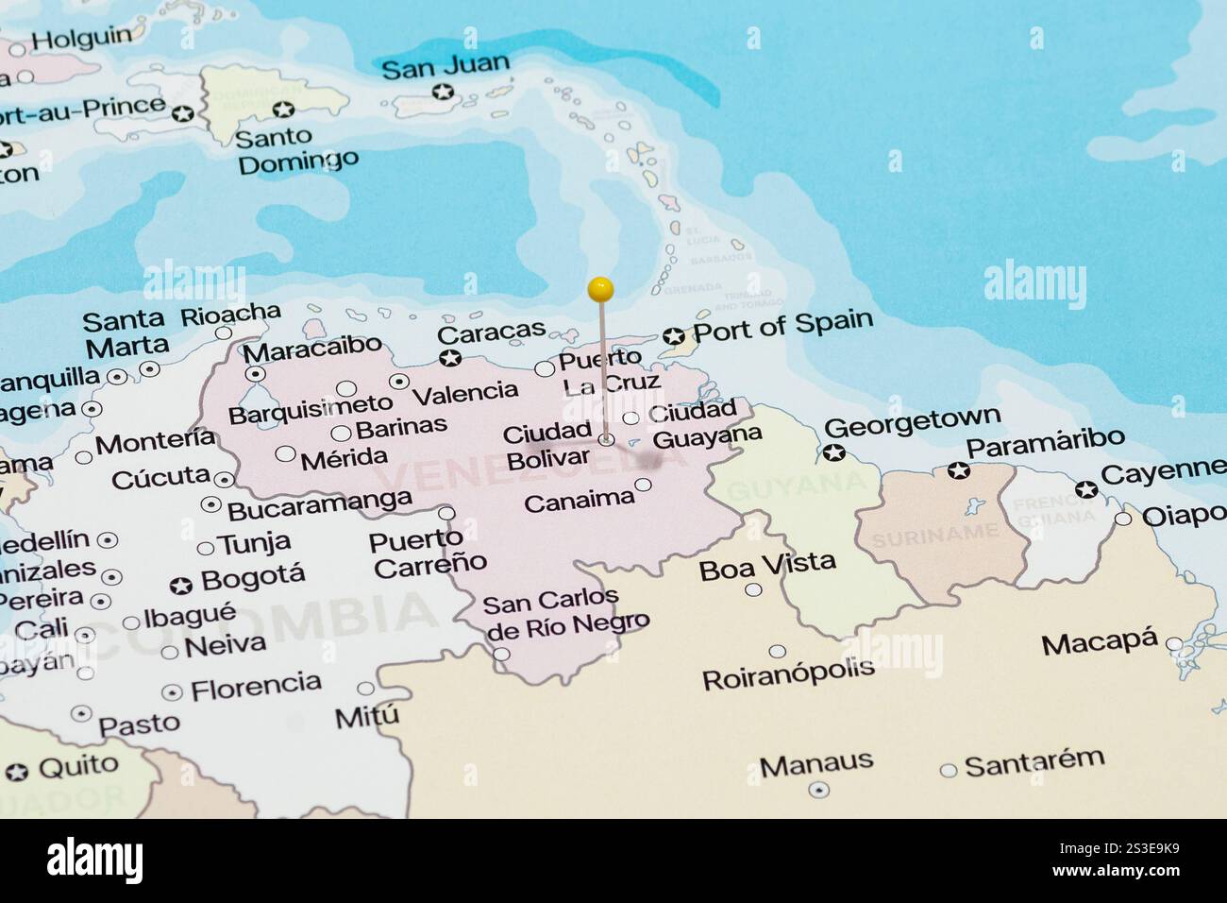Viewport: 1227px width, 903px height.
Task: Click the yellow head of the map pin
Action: pos(600,288)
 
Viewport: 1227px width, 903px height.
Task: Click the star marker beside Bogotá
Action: pos(180,587)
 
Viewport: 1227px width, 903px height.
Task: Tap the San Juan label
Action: pos(445,68)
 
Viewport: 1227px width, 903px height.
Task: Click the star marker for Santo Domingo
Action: pos(283,110)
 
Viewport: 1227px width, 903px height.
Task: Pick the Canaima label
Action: pos(579,500)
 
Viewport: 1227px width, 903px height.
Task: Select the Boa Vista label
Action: pos(767,565)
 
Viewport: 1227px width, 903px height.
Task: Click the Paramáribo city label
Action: pos(1046,441)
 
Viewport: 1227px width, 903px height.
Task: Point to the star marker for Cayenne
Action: pos(1086,489)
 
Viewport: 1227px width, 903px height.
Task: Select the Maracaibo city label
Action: pos(312,349)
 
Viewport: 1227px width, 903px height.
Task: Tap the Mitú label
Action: pos(367,717)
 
